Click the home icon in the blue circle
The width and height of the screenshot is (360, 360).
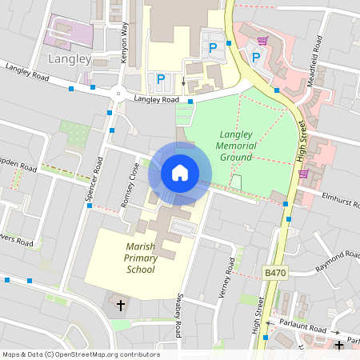point(180,173)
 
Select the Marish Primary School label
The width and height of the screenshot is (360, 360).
point(129,258)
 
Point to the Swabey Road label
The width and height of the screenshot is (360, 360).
point(179,317)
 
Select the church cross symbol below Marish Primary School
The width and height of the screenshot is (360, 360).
point(122,305)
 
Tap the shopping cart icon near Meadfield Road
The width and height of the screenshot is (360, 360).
point(263,39)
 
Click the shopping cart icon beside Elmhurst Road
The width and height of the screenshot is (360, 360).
point(303,173)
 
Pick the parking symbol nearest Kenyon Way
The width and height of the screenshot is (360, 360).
point(161,78)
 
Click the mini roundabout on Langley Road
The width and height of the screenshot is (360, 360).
point(118,94)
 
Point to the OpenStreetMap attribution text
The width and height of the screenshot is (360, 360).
point(80,354)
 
